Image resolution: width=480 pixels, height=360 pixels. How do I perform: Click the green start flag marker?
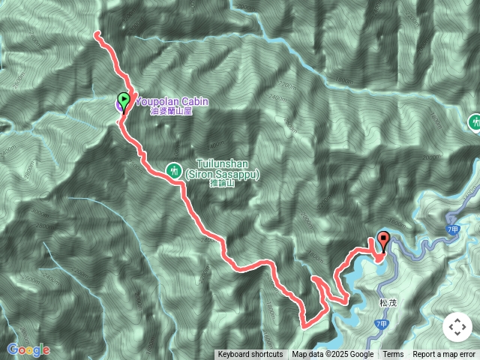click(x=124, y=99)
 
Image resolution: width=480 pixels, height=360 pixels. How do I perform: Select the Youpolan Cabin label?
click(x=171, y=101)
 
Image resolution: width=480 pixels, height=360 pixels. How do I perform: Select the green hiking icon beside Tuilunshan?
click(x=174, y=170)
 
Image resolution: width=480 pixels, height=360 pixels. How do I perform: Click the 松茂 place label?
click(x=388, y=304)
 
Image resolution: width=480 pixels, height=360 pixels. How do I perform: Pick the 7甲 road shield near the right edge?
click(x=451, y=229)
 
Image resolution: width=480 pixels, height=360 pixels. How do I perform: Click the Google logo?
click(x=28, y=349)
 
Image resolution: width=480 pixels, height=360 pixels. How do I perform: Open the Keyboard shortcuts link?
click(x=250, y=355)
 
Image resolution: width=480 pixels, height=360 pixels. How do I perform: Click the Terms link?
click(x=393, y=355)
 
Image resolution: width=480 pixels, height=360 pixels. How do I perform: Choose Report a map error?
click(x=444, y=355)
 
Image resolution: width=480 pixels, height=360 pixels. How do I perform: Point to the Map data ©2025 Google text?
click(x=332, y=355)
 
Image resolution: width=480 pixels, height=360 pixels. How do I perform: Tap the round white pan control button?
click(x=457, y=328)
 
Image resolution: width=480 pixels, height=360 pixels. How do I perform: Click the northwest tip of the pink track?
click(x=96, y=33)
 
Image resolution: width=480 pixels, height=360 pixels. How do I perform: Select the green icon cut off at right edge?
click(x=475, y=121)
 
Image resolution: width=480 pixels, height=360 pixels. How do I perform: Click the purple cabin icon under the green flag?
click(x=120, y=106)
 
